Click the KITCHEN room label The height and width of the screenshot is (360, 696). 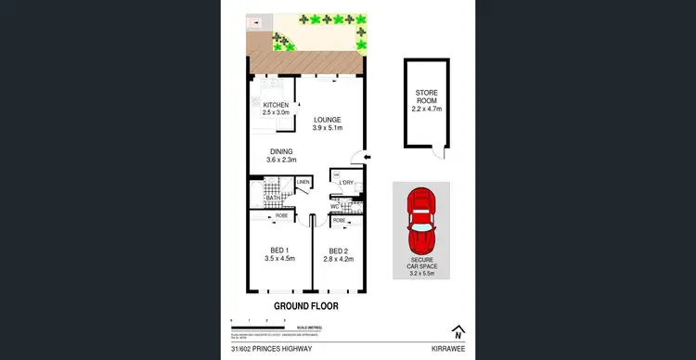(x=277, y=105)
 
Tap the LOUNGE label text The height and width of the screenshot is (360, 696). (x=328, y=120)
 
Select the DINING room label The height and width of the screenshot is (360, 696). (x=282, y=151)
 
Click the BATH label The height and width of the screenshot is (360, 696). (x=272, y=199)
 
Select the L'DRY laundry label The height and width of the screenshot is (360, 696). (x=349, y=182)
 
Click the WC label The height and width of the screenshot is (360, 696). (x=335, y=206)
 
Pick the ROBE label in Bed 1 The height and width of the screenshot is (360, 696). (x=280, y=215)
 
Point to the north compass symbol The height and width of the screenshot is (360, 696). (x=458, y=331)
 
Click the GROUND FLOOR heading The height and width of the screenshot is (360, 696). (x=305, y=305)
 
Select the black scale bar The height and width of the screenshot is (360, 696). (x=264, y=324)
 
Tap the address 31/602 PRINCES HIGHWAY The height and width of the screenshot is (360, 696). (x=270, y=350)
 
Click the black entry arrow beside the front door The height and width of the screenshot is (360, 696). (x=368, y=159)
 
